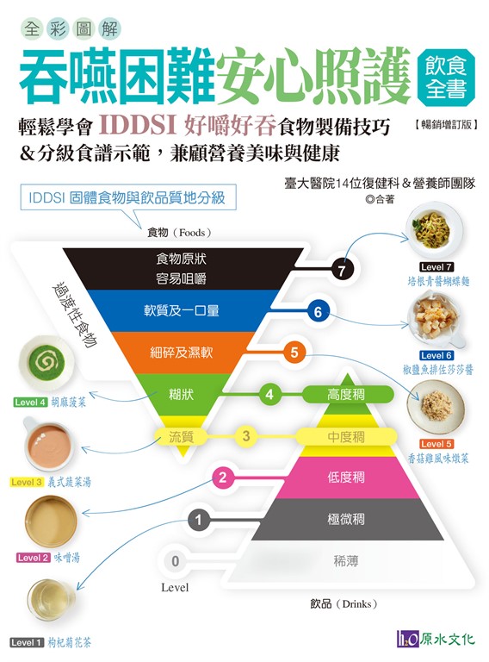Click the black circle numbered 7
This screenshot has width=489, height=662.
click(x=342, y=269)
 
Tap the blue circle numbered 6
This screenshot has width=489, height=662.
click(x=318, y=311)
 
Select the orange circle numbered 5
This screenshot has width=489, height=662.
click(x=294, y=352)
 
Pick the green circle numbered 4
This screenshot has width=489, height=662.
click(x=269, y=395)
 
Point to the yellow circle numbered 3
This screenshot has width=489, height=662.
click(x=246, y=435)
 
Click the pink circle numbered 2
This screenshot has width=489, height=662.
click(x=223, y=478)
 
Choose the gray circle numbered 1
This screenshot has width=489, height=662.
click(x=199, y=520)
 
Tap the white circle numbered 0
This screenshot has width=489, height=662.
click(x=176, y=561)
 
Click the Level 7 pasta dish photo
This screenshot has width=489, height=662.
click(x=434, y=230)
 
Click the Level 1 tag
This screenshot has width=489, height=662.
click(x=27, y=642)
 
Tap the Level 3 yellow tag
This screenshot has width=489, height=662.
click(x=27, y=482)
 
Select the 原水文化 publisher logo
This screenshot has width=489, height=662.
click(x=436, y=639)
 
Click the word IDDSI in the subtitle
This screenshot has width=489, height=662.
click(x=137, y=124)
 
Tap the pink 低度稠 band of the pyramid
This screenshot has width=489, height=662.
click(x=346, y=478)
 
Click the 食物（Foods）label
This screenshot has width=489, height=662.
click(x=180, y=233)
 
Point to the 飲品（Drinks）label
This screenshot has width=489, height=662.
click(x=344, y=603)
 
